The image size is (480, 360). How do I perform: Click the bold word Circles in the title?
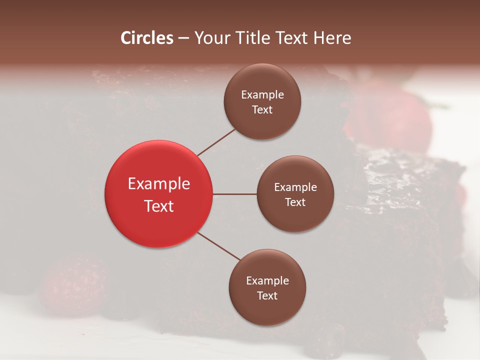point(147,38)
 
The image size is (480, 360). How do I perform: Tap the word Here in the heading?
point(333,38)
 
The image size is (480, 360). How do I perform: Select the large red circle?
point(158,194)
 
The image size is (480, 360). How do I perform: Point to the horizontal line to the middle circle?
point(234,194)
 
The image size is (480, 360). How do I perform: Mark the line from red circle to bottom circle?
point(218,246)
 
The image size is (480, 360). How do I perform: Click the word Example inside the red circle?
point(159,184)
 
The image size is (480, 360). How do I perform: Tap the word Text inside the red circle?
point(159,205)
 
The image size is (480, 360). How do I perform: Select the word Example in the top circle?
point(262,95)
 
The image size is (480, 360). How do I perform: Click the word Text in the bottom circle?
point(267,296)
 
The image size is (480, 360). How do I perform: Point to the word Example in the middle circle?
point(295,187)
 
